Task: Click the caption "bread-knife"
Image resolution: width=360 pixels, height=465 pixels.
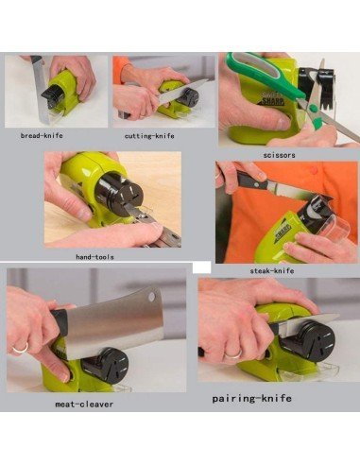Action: [x=42, y=136]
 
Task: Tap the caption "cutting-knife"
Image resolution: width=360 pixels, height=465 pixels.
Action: [x=149, y=136]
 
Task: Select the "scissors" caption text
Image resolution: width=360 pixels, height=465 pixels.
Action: [x=279, y=155]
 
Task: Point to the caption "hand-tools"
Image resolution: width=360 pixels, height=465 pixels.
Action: [x=94, y=257]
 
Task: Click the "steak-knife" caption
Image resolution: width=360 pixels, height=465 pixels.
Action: [x=272, y=270]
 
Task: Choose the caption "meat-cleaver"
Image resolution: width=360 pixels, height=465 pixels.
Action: [x=84, y=405]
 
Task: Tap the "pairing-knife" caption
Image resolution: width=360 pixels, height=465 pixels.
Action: [x=251, y=398]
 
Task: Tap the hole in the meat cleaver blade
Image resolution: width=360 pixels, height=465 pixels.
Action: [x=152, y=297]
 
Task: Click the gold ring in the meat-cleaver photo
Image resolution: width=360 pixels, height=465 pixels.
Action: [x=21, y=349]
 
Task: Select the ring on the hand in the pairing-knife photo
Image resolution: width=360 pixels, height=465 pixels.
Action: [x=232, y=353]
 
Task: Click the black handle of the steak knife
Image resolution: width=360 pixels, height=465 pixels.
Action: [x=252, y=180]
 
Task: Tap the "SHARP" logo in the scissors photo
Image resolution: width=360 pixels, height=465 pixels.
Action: [x=273, y=101]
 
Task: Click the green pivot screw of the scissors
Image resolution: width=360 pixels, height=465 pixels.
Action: [x=313, y=109]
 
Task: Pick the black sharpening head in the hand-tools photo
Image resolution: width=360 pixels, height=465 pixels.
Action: [x=121, y=196]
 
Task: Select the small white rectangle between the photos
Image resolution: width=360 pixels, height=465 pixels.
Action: [x=201, y=267]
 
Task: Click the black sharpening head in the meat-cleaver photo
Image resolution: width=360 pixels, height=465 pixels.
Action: [x=106, y=365]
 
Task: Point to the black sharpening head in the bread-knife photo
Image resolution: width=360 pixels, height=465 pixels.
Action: [x=53, y=93]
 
